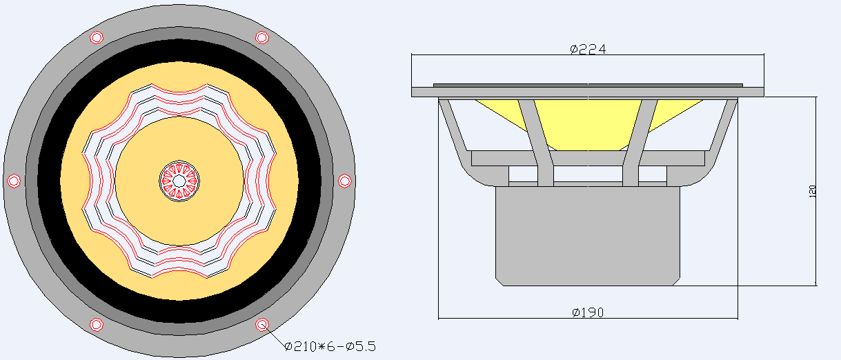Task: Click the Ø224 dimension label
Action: pyautogui.click(x=588, y=49)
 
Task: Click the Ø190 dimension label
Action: pyautogui.click(x=588, y=312)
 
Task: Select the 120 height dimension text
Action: pyautogui.click(x=812, y=192)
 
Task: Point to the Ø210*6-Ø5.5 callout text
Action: pyautogui.click(x=330, y=346)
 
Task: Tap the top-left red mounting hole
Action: pyautogui.click(x=97, y=37)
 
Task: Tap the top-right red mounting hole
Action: pyautogui.click(x=262, y=37)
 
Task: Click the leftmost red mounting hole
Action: pyautogui.click(x=14, y=181)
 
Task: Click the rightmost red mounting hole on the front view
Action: pyautogui.click(x=345, y=181)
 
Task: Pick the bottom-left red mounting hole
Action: pyautogui.click(x=97, y=325)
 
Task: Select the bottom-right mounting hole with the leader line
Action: pyautogui.click(x=262, y=325)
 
